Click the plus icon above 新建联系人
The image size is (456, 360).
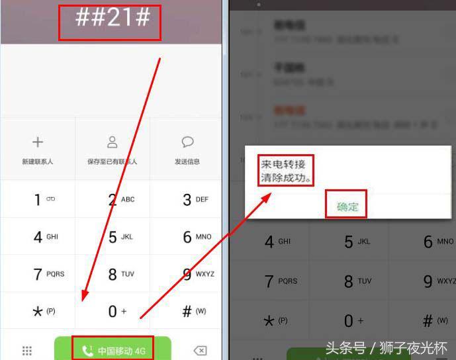click(x=38, y=142)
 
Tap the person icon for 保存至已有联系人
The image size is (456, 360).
click(x=113, y=142)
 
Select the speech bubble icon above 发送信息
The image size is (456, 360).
click(x=187, y=142)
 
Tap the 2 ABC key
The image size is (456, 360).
click(x=120, y=199)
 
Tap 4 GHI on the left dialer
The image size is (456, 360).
click(x=46, y=236)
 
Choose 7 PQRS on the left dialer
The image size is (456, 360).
click(x=48, y=273)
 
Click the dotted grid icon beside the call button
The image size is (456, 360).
click(x=27, y=351)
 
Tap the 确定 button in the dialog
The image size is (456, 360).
click(x=347, y=206)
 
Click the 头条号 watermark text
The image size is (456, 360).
click(x=345, y=348)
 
